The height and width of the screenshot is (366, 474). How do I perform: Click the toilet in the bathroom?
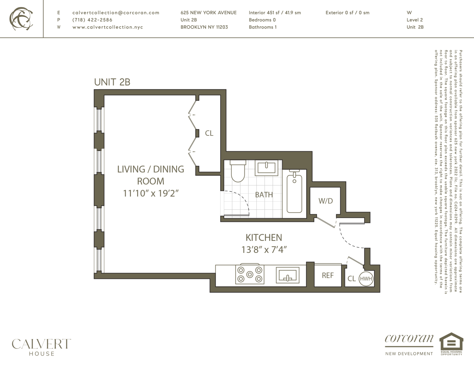tap(238, 171)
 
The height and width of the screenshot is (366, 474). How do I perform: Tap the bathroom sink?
tap(266, 168)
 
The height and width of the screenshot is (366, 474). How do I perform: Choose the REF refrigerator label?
tap(327, 276)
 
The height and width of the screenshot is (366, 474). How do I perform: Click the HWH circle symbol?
tap(366, 279)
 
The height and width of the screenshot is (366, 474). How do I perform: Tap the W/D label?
tap(325, 201)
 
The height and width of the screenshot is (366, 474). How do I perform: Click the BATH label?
tap(264, 195)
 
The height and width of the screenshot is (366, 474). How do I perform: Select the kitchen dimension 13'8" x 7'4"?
tap(264, 250)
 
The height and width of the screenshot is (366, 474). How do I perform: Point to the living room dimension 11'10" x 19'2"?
tap(151, 193)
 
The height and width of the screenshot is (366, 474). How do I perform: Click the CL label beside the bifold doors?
tap(209, 133)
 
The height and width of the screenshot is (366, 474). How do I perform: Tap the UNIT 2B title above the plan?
tap(112, 82)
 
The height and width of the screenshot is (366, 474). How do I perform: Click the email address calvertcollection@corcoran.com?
tap(116, 12)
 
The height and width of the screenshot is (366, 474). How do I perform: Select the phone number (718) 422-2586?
tap(92, 20)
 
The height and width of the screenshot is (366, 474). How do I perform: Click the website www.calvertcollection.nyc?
tap(108, 27)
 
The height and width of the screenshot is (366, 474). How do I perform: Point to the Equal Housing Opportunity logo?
tap(451, 343)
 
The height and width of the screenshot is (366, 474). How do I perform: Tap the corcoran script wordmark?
tap(409, 339)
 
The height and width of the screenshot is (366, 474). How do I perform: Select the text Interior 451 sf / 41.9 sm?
tap(275, 12)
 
